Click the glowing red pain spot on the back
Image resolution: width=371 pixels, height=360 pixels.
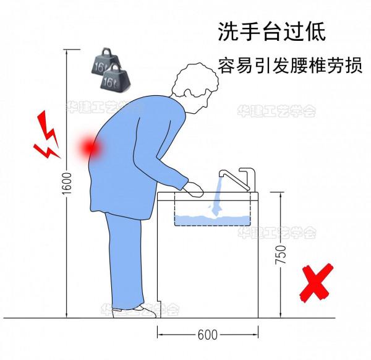(90, 147)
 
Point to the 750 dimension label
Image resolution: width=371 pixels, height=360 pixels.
(281, 255)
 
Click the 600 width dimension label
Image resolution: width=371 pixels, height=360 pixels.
(207, 335)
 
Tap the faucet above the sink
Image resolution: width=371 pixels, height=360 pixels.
(241, 177)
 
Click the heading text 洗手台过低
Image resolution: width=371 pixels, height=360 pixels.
(271, 32)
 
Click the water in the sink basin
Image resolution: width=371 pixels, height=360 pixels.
(210, 218)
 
